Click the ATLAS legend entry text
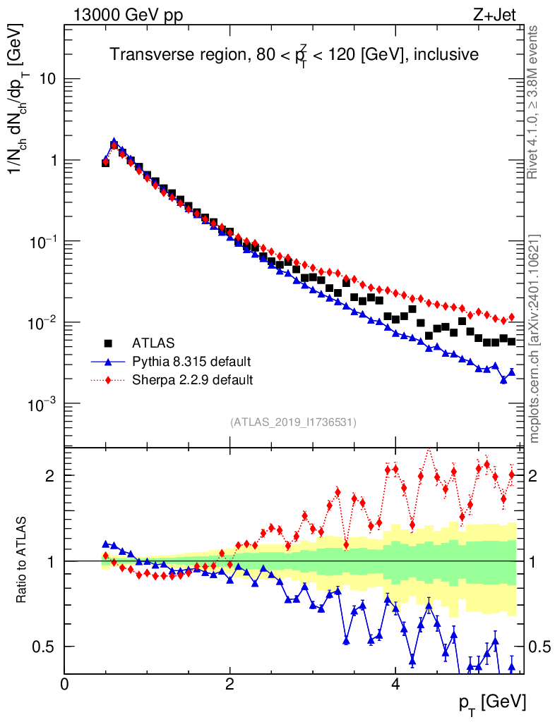coord(153,343)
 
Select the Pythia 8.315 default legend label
coord(191,362)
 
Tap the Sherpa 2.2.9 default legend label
coord(192,380)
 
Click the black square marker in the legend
coord(109,343)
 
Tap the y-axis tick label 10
coord(47,79)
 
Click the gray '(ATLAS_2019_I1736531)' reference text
coord(293,422)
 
